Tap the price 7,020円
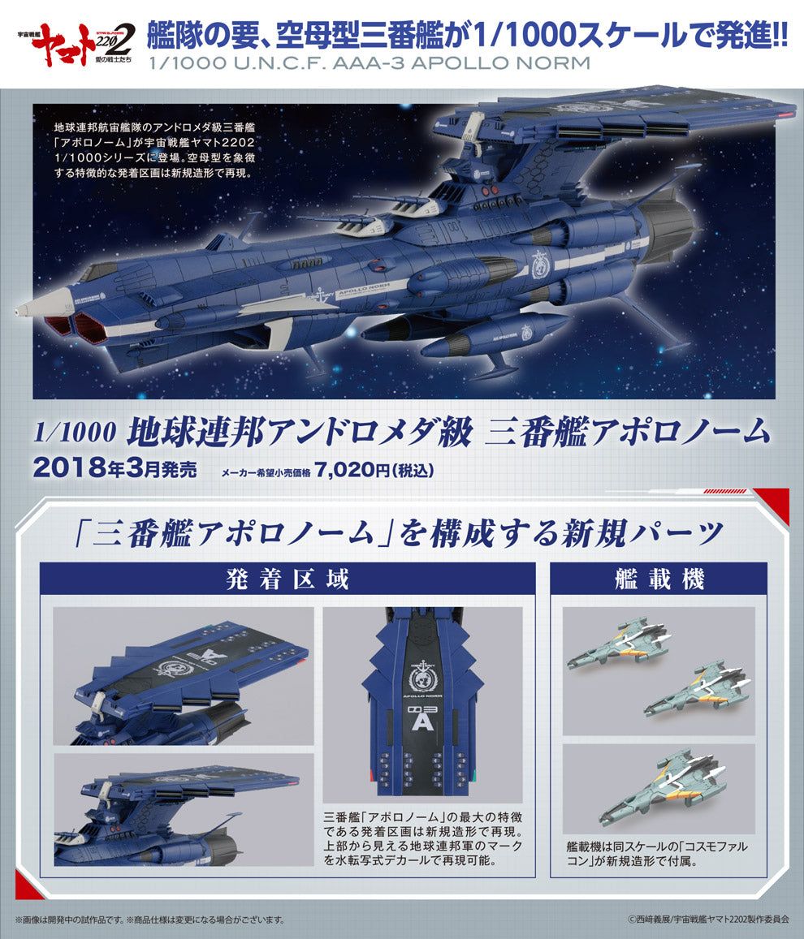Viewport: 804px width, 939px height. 352,469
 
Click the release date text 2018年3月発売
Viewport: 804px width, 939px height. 115,467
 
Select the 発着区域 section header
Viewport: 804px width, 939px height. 287,579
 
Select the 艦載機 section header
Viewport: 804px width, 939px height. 659,579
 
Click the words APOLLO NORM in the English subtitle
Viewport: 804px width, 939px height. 501,62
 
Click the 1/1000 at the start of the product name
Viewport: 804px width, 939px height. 74,432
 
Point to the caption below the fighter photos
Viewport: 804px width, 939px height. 657,854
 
